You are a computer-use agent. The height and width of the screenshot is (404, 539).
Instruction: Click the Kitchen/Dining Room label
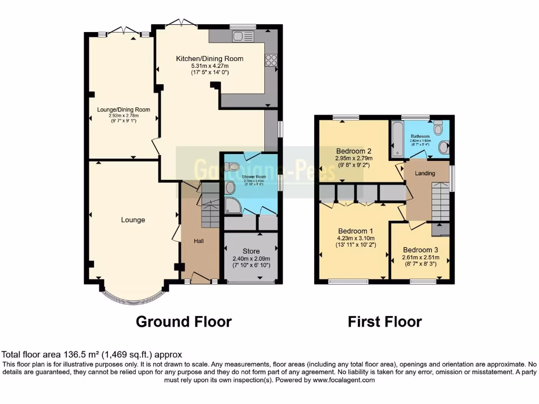coord(209,58)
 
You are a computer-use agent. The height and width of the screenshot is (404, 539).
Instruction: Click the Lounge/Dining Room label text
coord(124,110)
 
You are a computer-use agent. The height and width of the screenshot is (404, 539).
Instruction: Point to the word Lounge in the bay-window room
coord(133,220)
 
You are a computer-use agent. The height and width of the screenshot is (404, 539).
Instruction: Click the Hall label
coord(199,241)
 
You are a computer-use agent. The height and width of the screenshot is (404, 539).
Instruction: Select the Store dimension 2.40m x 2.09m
coord(251,258)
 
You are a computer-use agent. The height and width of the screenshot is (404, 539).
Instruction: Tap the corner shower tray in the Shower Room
coord(233,206)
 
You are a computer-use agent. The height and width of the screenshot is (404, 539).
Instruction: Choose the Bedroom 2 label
coord(354,150)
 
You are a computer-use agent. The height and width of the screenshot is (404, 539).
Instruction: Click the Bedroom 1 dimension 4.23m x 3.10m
coord(356,238)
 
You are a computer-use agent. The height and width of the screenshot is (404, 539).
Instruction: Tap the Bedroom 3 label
coord(420,250)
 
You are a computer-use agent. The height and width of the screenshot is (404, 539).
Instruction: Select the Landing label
coord(425,173)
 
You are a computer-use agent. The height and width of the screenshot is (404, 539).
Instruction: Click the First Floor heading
coord(384,321)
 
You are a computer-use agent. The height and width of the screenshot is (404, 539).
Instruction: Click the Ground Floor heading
coord(184,321)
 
